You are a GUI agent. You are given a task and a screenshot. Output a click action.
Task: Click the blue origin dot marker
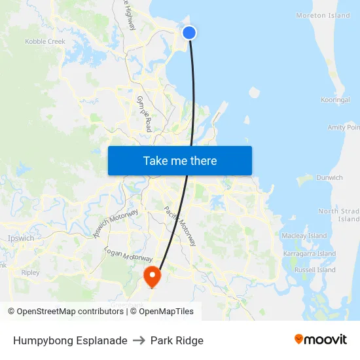tap(189, 32)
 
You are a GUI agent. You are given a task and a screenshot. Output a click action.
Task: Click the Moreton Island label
tap(323, 16)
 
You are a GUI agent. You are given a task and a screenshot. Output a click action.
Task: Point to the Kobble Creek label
tap(45, 41)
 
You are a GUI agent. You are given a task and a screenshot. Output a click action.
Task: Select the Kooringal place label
tap(335, 100)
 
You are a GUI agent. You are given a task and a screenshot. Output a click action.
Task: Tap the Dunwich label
tap(329, 177)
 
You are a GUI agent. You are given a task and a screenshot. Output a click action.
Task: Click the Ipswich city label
tap(20, 238)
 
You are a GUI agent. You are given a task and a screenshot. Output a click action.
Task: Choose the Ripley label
tap(30, 272)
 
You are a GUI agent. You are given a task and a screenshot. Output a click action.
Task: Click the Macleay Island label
tap(304, 236)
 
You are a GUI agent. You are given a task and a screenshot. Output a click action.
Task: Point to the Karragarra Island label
tap(310, 253)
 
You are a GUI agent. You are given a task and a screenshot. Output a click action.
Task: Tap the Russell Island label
tap(315, 270)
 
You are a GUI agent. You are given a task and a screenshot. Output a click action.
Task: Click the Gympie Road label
tap(144, 113)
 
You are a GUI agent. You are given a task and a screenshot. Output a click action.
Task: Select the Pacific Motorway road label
tap(180, 226)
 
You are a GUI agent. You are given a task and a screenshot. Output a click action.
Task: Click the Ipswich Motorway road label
tap(116, 223)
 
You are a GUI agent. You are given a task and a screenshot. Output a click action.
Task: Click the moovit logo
tap(321, 339)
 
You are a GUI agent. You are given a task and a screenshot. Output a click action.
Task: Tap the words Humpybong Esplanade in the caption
tap(70, 340)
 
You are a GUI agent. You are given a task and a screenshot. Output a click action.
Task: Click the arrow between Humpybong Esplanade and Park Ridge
tap(139, 340)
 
